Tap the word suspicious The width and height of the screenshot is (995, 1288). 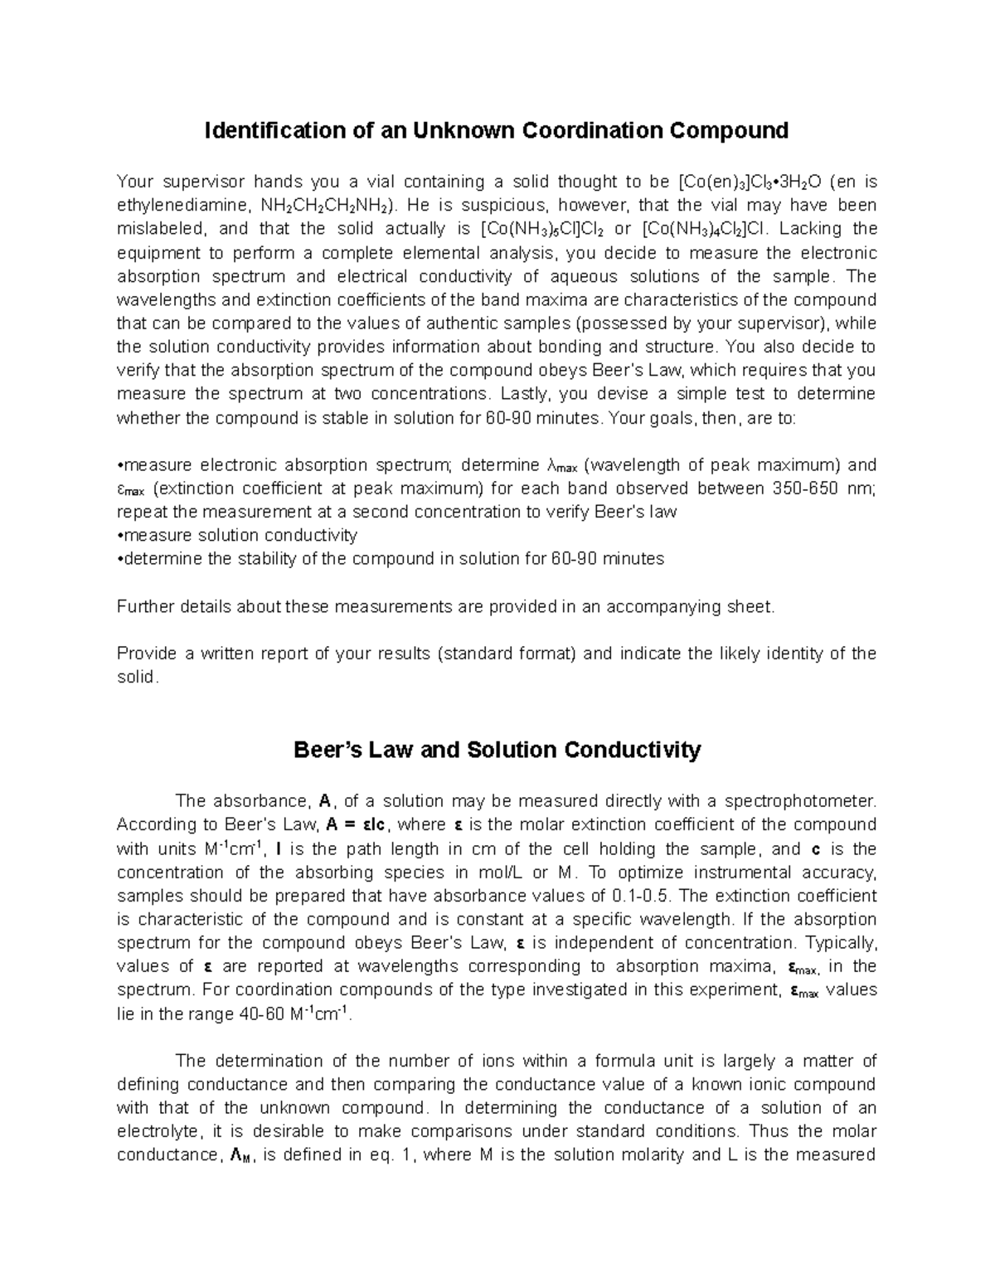(x=494, y=205)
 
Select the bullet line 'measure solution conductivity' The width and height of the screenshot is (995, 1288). (x=237, y=535)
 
